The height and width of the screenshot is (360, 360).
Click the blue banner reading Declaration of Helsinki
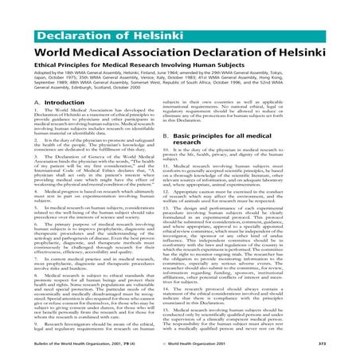tap(76, 14)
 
